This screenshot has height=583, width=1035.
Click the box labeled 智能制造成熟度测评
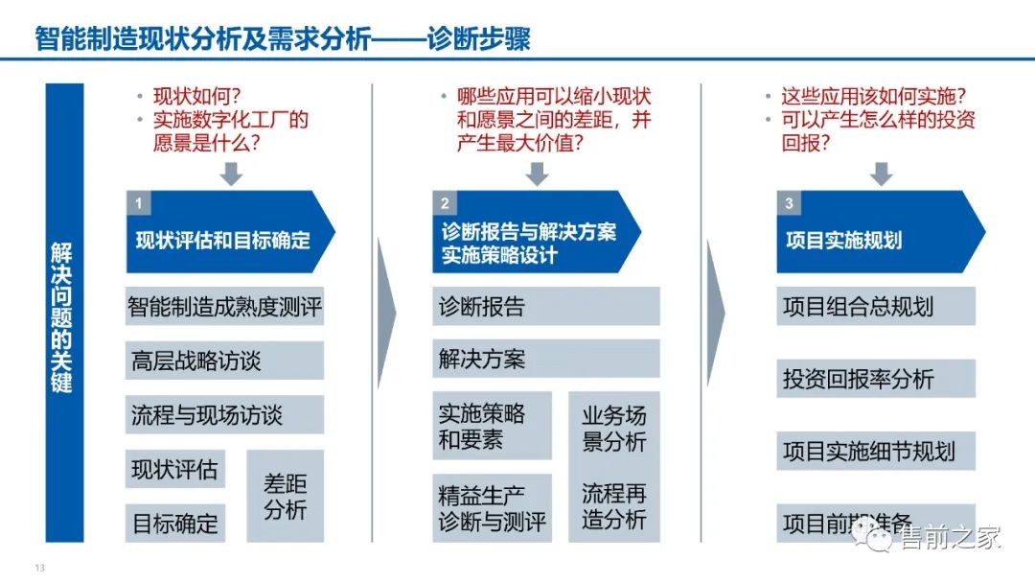click(224, 307)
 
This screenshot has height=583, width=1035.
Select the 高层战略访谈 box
click(224, 361)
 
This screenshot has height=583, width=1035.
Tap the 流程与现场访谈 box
click(224, 415)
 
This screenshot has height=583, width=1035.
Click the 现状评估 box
click(174, 470)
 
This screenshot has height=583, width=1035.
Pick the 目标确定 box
click(174, 524)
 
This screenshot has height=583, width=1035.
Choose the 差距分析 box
click(285, 496)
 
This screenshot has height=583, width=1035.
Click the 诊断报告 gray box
click(545, 307)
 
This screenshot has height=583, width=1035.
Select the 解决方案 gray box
click(545, 360)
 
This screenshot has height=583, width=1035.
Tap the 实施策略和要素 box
click(492, 426)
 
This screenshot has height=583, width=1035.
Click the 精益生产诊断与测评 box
click(492, 508)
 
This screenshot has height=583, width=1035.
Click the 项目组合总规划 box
click(875, 307)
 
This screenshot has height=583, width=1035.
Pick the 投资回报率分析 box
click(875, 379)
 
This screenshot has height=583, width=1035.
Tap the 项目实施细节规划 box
click(875, 451)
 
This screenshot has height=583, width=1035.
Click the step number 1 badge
click(139, 203)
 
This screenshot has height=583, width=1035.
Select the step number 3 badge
click(789, 203)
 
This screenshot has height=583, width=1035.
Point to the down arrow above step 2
click(537, 174)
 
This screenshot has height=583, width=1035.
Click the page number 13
click(40, 568)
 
